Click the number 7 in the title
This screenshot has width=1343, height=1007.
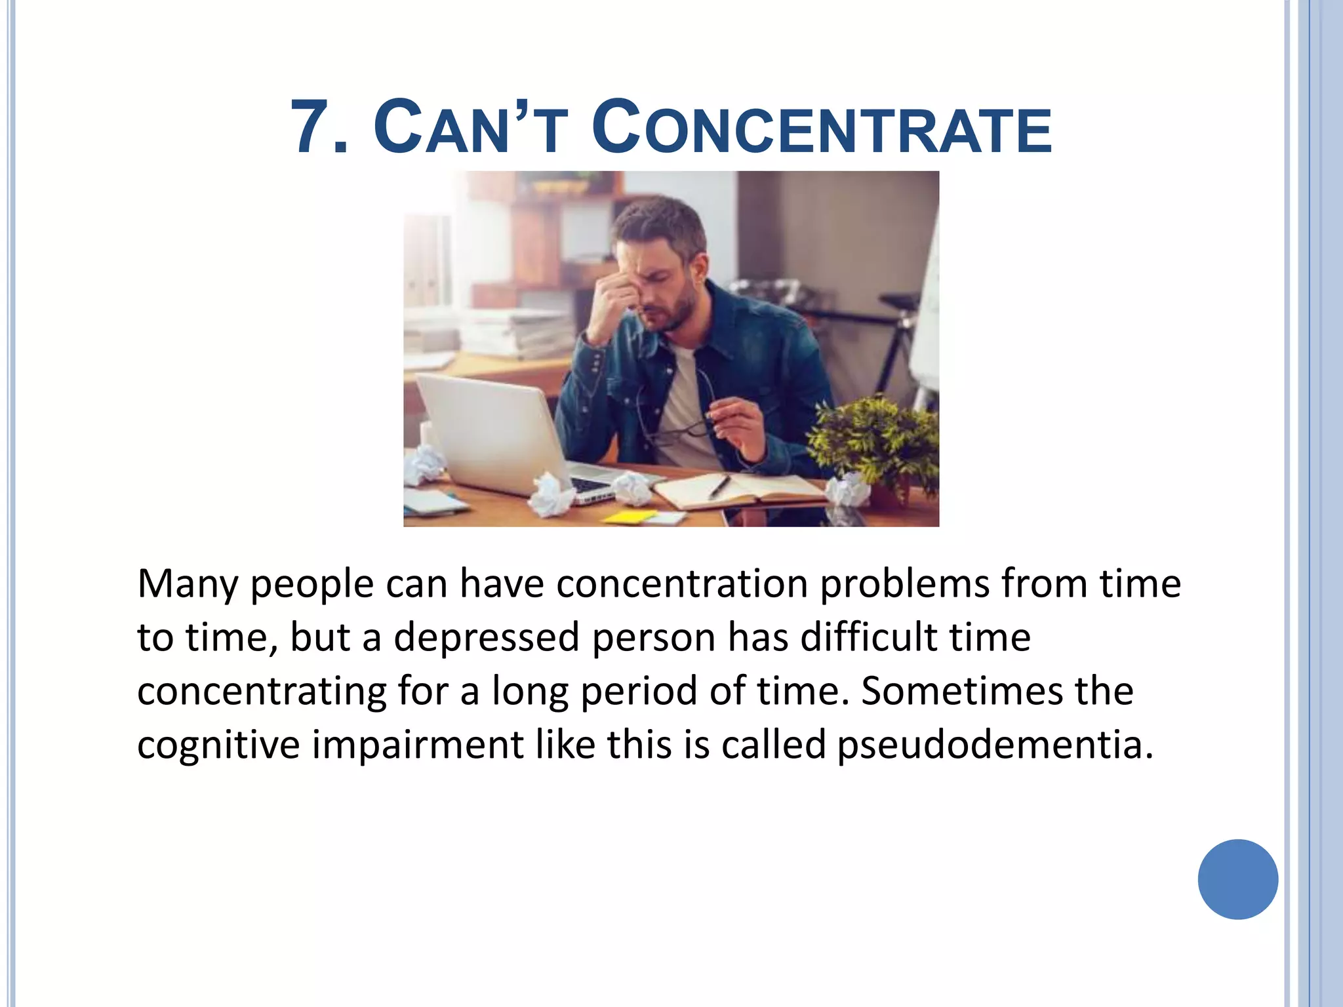(311, 127)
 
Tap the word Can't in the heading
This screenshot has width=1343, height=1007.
(470, 127)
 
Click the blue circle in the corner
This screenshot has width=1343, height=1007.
(1237, 879)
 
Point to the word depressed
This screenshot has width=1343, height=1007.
(487, 638)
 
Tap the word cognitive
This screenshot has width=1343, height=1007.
(218, 746)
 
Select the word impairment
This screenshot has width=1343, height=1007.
(417, 745)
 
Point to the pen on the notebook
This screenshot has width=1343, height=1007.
(719, 486)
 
